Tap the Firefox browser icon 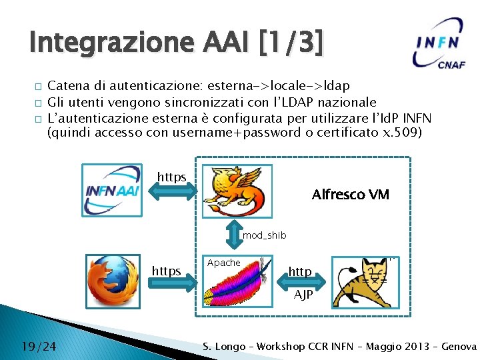(113, 278)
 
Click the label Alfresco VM (350, 195)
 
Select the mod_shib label (264, 235)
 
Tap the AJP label (303, 295)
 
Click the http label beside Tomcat (300, 271)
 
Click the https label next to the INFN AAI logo (171, 177)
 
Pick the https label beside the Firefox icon (167, 271)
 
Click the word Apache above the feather (223, 263)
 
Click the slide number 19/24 (38, 346)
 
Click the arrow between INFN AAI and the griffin (173, 192)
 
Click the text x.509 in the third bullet (403, 132)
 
